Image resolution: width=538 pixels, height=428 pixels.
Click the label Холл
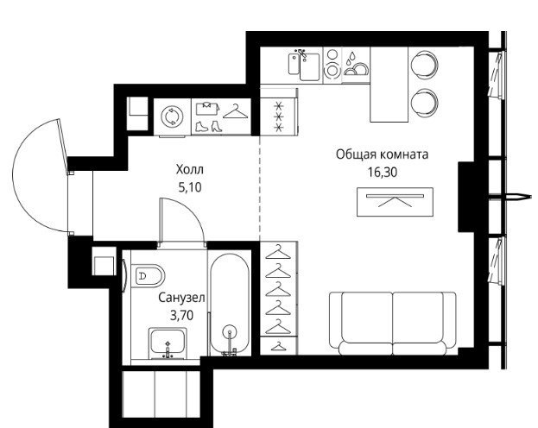coord(189,169)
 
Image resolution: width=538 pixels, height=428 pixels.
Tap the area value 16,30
coord(383,173)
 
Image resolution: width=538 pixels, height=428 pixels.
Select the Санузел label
coord(181,298)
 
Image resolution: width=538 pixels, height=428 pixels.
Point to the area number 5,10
coord(189,187)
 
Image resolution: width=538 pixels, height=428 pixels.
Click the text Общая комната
coord(383,154)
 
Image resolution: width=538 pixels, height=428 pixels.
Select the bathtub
coord(229,305)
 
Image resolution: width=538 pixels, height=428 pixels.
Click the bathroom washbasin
coord(168,343)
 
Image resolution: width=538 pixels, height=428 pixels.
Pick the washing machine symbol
coord(172,116)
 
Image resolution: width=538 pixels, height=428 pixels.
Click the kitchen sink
coord(304,66)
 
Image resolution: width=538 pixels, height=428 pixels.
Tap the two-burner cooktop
coord(332,66)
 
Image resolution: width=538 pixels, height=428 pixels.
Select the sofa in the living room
coord(393,324)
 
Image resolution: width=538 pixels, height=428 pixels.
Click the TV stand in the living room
coord(395,202)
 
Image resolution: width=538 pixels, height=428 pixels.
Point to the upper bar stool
coord(425,65)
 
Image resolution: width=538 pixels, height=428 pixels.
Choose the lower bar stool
coord(425,103)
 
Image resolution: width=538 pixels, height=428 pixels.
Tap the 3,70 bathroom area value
coord(182,315)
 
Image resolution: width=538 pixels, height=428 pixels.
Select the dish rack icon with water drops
coord(356,64)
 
